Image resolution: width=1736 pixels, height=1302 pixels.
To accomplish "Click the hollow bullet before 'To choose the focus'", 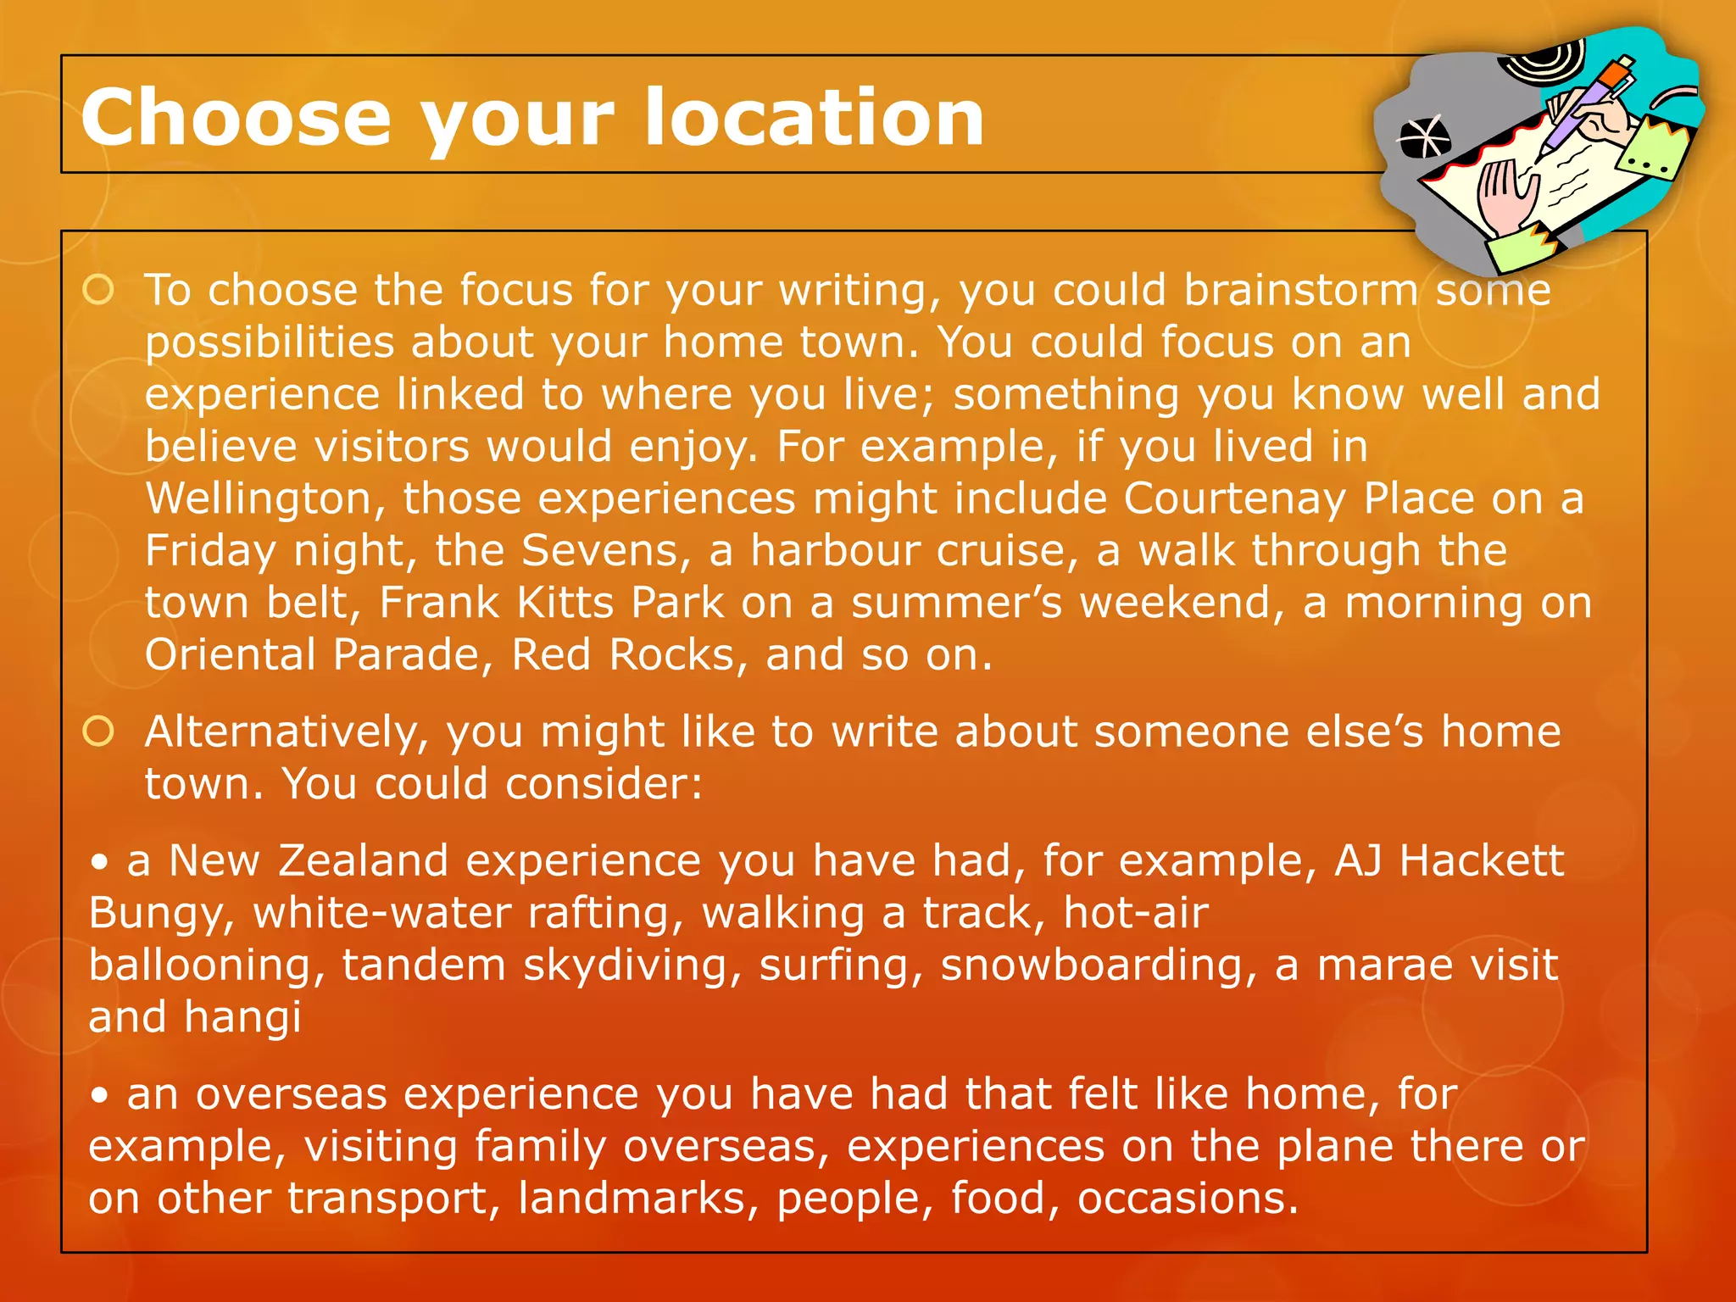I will (x=99, y=290).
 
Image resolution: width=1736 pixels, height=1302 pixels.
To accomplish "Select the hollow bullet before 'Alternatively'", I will (x=99, y=732).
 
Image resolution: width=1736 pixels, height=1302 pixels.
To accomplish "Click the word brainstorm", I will (x=1300, y=290).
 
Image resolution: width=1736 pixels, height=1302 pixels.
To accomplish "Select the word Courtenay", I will (x=1234, y=498).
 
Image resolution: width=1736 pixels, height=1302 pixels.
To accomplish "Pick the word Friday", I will (x=210, y=551).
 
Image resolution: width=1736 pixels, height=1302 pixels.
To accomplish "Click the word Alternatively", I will (x=287, y=732).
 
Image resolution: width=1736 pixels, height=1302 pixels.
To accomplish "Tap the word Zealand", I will (x=363, y=861).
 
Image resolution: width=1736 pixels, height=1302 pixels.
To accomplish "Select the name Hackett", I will (x=1481, y=861).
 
